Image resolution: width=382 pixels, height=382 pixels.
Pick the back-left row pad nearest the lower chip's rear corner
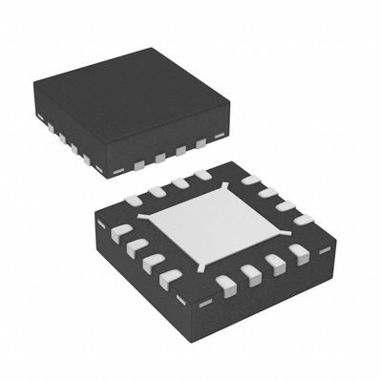(x=202, y=176)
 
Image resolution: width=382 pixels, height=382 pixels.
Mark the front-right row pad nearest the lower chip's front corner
(x=226, y=283)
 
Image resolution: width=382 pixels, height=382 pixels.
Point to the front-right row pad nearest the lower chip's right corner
(x=298, y=253)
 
